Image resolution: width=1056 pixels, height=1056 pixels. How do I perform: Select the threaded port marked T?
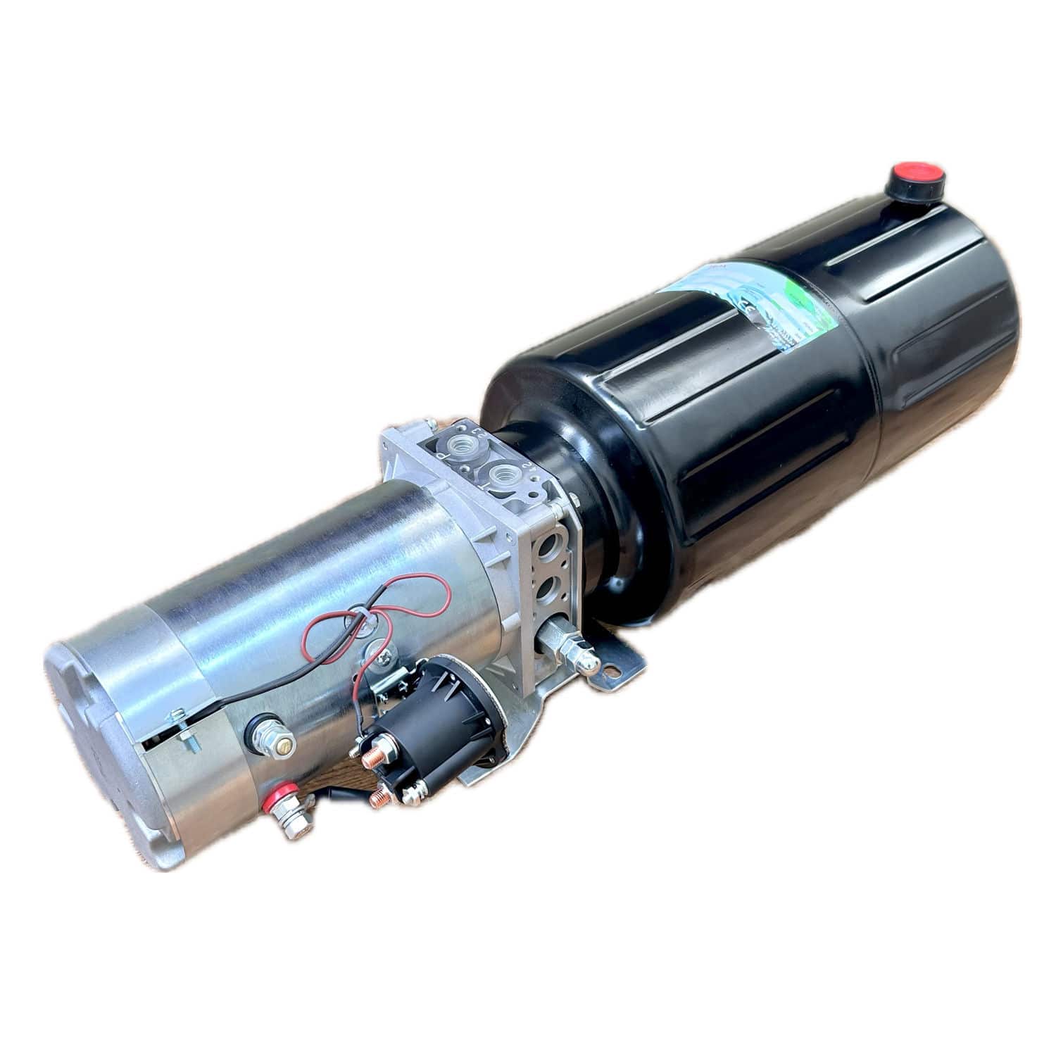point(504,474)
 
